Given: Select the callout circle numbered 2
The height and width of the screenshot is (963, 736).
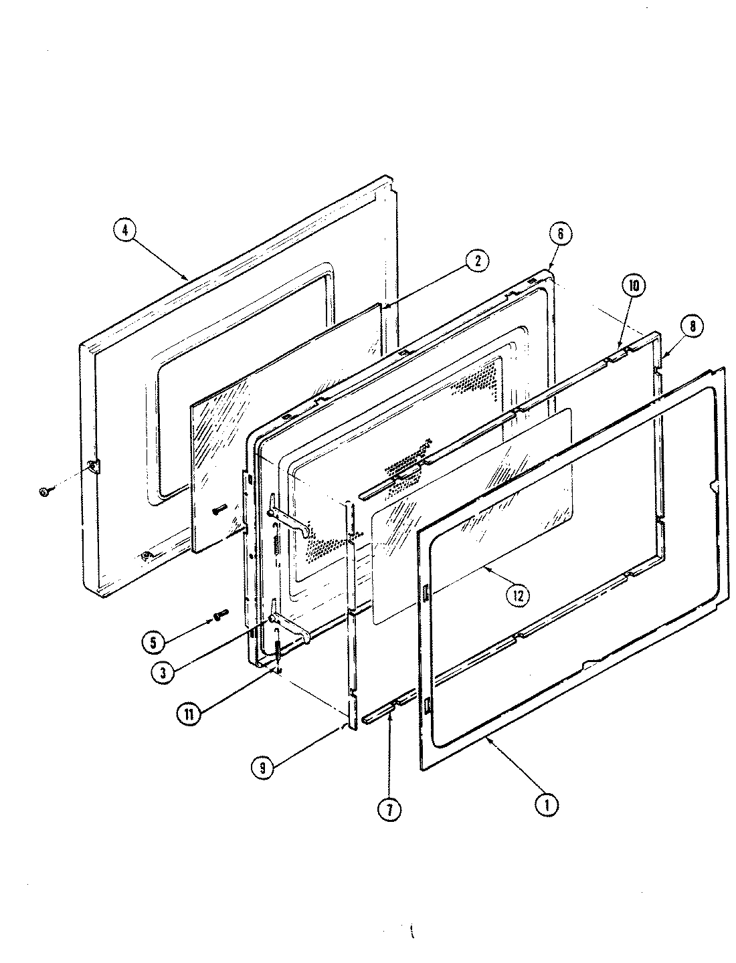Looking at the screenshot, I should point(476,261).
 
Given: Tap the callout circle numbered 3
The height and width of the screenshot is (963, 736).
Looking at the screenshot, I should point(159,672).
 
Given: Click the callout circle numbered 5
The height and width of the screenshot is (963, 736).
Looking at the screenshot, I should point(153,642).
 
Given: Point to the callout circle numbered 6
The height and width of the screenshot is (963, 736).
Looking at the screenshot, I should point(560,233).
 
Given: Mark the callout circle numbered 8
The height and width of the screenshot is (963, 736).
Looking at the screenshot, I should point(691,326).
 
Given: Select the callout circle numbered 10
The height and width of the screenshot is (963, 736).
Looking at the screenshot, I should point(633,286).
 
